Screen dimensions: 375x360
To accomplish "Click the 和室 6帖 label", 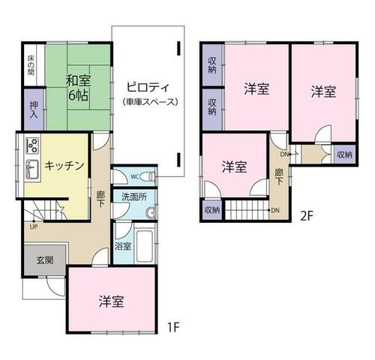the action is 78,88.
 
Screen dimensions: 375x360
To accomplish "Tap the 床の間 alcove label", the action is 31,65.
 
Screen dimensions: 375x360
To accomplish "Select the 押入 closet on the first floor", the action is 34,109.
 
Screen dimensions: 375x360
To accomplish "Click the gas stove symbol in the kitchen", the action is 32,145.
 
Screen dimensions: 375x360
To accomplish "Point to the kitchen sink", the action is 32,169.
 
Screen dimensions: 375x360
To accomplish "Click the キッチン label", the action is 64,166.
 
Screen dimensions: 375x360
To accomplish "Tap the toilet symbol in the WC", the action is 148,176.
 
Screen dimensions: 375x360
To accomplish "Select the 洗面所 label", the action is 134,197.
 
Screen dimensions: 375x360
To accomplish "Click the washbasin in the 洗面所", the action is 151,213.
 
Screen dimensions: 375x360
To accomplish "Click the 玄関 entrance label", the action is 45,260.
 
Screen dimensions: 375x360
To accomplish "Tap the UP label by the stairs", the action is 34,227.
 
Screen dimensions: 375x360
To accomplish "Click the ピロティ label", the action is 148,87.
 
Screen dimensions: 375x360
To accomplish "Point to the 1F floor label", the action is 173,327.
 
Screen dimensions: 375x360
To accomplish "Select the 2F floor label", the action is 307,216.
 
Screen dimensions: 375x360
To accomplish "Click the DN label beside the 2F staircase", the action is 275,211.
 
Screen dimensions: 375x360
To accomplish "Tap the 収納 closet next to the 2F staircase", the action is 212,210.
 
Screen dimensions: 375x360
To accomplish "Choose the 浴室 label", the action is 123,246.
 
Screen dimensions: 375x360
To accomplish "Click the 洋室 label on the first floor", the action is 111,301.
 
